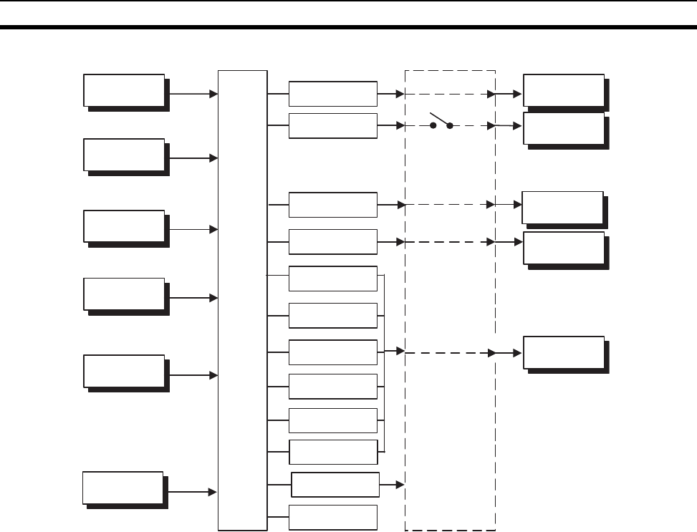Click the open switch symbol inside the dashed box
click(441, 122)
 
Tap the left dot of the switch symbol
click(433, 125)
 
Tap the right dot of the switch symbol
click(450, 125)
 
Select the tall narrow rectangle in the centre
click(242, 301)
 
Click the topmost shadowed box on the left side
click(125, 90)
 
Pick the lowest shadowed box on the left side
click(123, 488)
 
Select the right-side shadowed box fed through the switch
click(564, 129)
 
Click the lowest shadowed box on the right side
click(564, 352)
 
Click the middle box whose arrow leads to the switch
click(332, 125)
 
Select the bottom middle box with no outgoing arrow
click(332, 517)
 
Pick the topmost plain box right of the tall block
click(332, 94)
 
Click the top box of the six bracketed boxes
click(332, 279)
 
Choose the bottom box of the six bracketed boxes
click(332, 452)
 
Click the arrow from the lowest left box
click(190, 491)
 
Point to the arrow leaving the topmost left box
click(191, 94)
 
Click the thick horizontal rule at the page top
click(348, 28)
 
